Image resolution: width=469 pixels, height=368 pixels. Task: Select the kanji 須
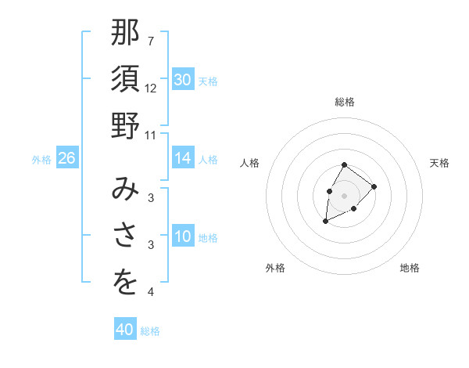click(125, 79)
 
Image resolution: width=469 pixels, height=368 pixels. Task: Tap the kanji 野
click(125, 125)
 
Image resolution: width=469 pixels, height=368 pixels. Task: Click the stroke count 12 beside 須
click(151, 88)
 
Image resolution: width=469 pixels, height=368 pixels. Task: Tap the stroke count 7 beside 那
click(151, 41)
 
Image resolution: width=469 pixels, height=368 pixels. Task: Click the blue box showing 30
click(183, 80)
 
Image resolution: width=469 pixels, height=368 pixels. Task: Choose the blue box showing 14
click(183, 158)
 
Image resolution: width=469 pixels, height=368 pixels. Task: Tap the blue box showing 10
click(183, 236)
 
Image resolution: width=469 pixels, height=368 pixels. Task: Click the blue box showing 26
click(66, 158)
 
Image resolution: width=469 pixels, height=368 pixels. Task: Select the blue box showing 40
click(125, 330)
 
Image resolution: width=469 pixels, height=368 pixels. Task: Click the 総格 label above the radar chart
click(345, 102)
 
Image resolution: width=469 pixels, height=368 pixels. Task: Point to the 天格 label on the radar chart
click(439, 163)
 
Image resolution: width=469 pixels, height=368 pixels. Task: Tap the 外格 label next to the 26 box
click(41, 159)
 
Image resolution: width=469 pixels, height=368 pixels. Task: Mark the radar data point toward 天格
click(374, 186)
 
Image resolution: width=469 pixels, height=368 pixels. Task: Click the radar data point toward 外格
click(326, 222)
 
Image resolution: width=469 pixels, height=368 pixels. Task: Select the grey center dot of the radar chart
click(345, 194)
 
